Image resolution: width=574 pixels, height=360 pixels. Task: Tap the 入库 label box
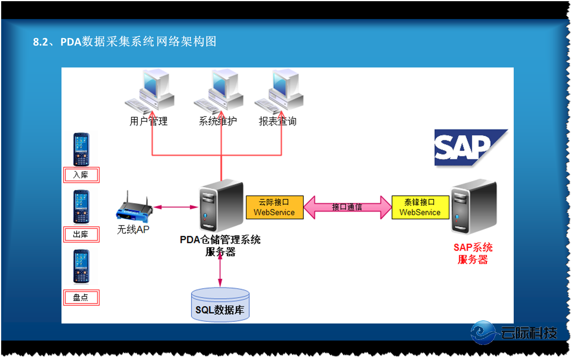81,175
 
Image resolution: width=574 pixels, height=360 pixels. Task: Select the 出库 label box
81,235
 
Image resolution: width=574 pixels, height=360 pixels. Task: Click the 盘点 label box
81,298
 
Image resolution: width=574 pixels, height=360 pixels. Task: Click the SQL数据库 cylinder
220,305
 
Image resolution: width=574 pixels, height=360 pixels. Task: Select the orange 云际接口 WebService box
275,207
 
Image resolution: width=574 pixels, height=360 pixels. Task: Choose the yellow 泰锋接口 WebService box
420,207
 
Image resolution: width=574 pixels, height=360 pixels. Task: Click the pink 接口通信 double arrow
347,207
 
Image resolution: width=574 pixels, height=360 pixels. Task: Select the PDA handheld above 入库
81,149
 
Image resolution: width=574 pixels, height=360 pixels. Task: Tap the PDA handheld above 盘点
81,266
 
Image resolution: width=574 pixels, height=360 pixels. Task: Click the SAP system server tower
474,207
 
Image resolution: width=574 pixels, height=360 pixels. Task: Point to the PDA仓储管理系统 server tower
221,206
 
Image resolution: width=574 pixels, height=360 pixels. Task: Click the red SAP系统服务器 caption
473,254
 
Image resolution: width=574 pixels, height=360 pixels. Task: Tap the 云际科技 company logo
514,333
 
